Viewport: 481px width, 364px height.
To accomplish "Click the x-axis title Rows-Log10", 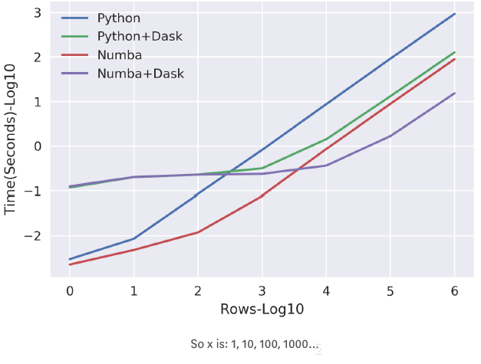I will click(262, 310).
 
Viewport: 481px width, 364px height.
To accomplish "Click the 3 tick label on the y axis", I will click(36, 13).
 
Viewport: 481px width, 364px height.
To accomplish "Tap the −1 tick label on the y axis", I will click(32, 191).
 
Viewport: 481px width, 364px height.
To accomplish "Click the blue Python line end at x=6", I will click(455, 14).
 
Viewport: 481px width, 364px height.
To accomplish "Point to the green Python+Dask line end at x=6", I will click(455, 52).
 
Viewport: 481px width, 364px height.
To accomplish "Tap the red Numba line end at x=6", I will click(455, 59).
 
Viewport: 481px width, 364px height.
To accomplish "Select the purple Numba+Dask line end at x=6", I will click(455, 93).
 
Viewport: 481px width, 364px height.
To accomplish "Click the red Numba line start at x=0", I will click(70, 264).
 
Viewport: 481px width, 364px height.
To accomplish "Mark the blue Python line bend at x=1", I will click(134, 238).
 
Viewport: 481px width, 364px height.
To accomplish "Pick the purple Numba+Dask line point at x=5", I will click(390, 136).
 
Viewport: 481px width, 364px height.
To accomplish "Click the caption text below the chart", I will click(253, 344).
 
